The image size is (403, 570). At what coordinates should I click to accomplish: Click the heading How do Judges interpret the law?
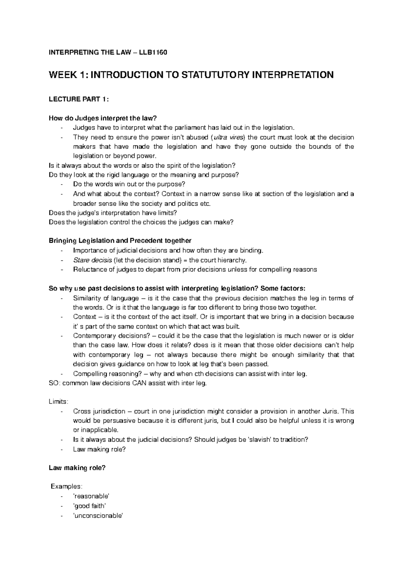103,118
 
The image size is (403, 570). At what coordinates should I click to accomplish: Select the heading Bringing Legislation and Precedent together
120,241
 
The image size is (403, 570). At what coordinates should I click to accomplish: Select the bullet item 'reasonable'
91,496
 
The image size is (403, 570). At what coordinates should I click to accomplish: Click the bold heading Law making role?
77,468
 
